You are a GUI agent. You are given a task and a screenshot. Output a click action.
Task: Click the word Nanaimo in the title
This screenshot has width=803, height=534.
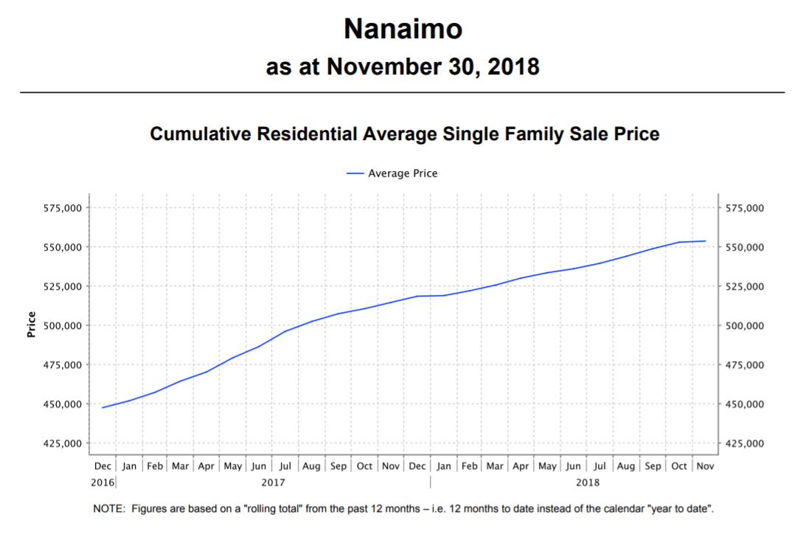click(403, 30)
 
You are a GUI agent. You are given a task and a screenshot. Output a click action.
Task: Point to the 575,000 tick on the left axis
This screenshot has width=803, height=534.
click(62, 208)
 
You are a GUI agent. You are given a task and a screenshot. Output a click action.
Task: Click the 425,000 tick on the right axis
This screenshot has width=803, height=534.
click(745, 443)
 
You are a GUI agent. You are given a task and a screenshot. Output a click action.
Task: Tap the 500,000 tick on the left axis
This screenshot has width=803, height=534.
click(62, 325)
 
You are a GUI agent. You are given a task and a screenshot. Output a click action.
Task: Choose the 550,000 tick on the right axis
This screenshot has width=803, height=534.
click(745, 247)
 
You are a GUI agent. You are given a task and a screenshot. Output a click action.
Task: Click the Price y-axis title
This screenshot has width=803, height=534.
click(31, 325)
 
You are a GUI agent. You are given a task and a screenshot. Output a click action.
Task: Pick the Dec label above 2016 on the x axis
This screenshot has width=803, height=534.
click(103, 466)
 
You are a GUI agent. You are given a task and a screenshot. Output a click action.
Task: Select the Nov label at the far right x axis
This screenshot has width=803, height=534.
click(706, 466)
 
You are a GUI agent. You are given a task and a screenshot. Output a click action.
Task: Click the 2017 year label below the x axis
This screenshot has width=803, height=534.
click(274, 482)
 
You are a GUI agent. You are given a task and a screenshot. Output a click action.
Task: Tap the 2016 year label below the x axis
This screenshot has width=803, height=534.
click(102, 482)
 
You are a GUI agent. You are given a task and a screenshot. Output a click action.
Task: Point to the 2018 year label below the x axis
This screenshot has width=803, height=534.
click(588, 482)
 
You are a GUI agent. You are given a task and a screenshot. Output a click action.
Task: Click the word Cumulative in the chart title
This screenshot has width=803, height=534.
click(193, 134)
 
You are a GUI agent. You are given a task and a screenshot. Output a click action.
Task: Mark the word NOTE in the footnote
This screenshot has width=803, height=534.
click(109, 509)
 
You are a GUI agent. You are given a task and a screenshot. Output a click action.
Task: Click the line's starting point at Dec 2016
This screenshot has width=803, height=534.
click(102, 407)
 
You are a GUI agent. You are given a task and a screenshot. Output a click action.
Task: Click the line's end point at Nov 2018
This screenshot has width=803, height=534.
click(706, 241)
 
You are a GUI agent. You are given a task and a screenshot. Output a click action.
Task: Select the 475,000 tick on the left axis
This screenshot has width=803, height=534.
click(62, 365)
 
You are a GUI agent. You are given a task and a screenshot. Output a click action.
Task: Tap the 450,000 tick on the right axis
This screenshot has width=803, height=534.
click(745, 404)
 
